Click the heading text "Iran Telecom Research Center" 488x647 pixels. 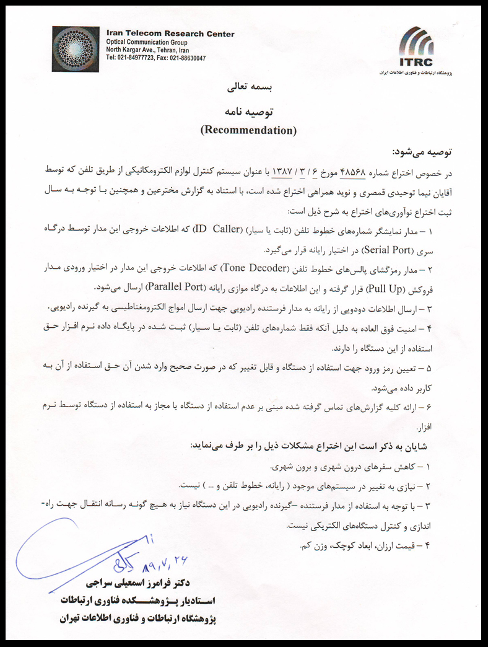170,34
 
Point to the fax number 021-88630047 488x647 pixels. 183,58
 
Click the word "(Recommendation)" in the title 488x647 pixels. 249,130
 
